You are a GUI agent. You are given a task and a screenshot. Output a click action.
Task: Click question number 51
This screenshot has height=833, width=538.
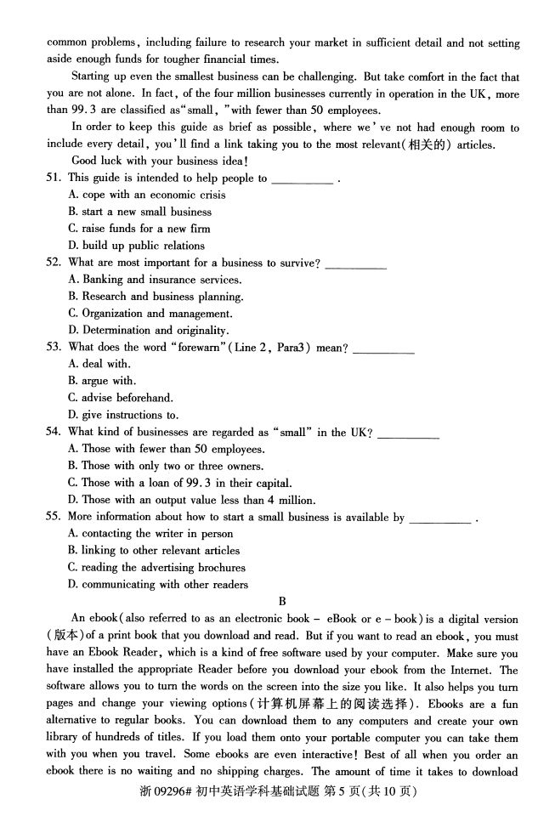point(54,178)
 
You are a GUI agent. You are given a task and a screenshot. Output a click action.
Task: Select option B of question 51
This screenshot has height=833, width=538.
point(140,212)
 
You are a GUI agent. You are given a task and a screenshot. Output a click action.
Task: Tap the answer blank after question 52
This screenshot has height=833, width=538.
point(355,263)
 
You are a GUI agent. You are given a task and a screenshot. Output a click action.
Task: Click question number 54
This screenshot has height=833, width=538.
point(54,432)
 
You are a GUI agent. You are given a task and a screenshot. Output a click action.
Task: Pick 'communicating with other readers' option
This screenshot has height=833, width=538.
point(158,585)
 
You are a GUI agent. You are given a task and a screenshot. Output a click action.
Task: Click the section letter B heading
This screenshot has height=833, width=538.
point(270,602)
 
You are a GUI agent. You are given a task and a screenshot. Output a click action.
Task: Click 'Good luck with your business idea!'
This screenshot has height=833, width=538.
point(135,161)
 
